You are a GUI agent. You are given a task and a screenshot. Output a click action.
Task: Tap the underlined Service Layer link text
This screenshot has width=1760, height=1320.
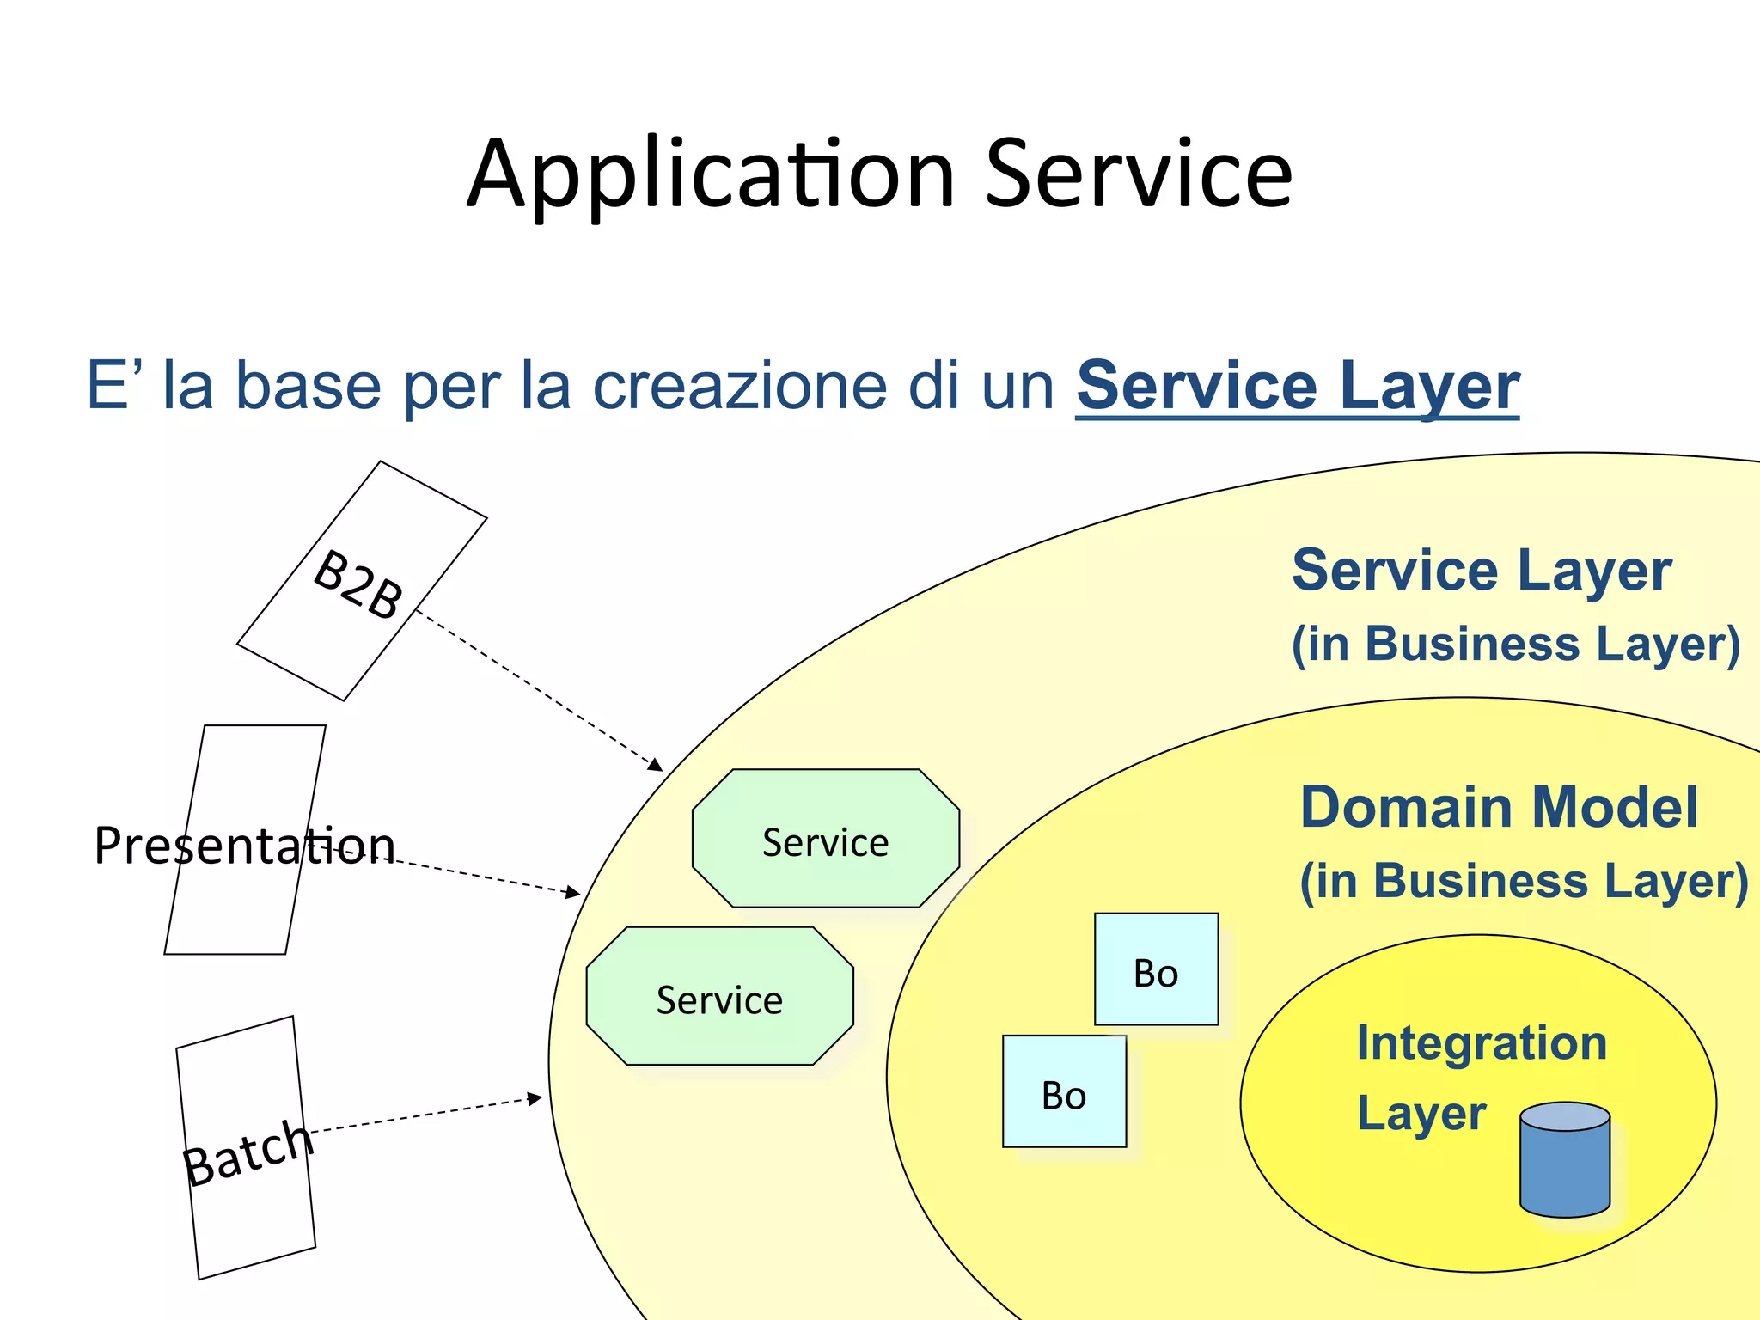pyautogui.click(x=1297, y=386)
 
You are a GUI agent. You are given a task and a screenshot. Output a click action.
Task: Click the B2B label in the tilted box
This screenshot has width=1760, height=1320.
pyautogui.click(x=358, y=584)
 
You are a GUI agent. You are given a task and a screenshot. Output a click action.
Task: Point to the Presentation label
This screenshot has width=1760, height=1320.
pyautogui.click(x=244, y=846)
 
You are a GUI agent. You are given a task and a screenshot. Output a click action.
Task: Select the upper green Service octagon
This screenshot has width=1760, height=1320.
pyautogui.click(x=825, y=839)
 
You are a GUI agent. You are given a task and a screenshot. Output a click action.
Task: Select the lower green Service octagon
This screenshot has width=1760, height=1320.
pyautogui.click(x=719, y=997)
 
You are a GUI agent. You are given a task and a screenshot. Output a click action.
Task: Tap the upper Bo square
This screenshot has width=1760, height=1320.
pyautogui.click(x=1156, y=969)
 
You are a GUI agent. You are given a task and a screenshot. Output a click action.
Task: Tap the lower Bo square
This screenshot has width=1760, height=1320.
pyautogui.click(x=1064, y=1091)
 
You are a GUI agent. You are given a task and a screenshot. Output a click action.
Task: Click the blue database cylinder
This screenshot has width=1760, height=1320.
pyautogui.click(x=1564, y=1160)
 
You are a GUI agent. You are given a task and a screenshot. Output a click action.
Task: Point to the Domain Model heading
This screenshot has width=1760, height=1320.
pyautogui.click(x=1499, y=808)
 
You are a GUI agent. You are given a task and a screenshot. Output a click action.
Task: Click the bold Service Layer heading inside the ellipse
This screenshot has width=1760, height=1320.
pyautogui.click(x=1482, y=571)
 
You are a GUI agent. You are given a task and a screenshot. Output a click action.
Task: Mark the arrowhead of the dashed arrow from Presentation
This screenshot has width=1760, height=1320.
pyautogui.click(x=574, y=894)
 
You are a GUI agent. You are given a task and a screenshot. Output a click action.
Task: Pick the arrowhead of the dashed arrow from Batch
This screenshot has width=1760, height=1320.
pyautogui.click(x=535, y=1098)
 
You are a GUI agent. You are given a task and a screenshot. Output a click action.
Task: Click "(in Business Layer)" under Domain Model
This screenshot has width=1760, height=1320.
pyautogui.click(x=1523, y=882)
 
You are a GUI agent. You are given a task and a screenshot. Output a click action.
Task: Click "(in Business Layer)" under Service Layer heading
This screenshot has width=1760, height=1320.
pyautogui.click(x=1516, y=645)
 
